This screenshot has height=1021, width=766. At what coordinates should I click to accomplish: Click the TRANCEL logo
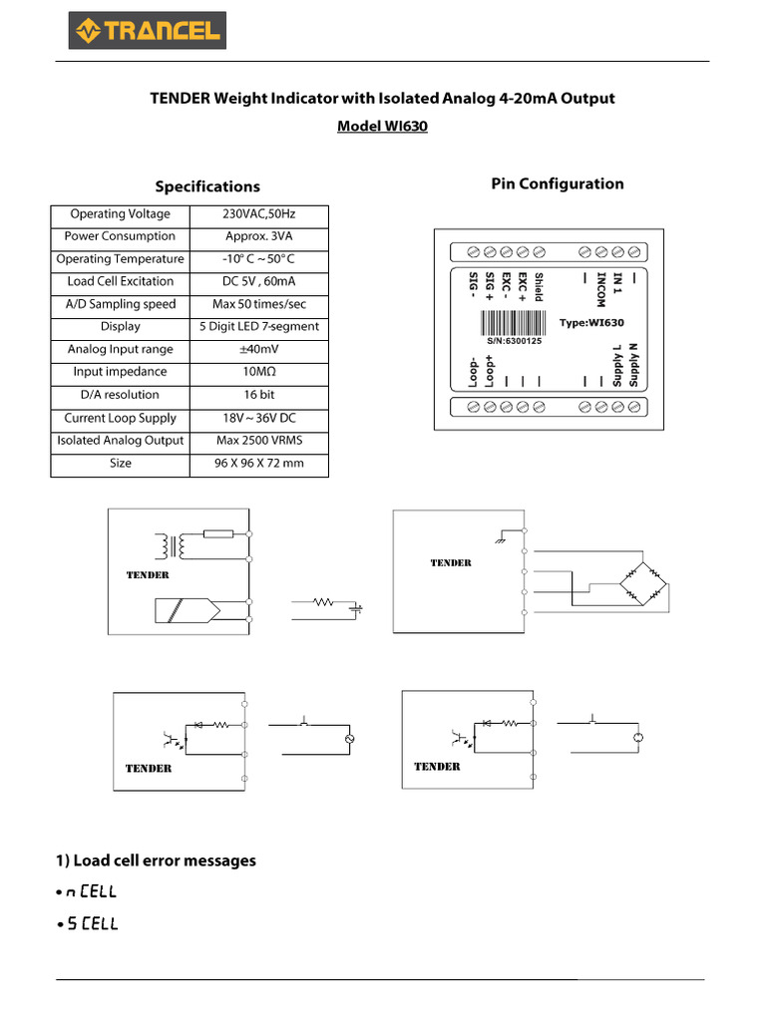(147, 31)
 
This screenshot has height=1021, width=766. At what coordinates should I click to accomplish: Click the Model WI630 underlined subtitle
(382, 127)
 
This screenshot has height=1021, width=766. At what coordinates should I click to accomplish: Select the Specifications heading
(207, 186)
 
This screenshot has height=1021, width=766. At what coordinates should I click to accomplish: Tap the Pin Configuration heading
(558, 183)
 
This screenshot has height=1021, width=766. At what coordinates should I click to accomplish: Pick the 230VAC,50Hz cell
(259, 214)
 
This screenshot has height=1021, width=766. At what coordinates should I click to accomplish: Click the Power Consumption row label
(120, 236)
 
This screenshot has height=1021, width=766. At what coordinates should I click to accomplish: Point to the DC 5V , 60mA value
(259, 281)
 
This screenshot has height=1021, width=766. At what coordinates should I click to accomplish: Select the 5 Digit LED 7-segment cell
(259, 327)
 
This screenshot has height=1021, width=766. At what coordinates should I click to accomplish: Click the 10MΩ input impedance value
(259, 372)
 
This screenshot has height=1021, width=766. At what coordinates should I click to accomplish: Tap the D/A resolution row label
(120, 395)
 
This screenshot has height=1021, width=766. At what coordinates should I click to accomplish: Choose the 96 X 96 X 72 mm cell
(259, 464)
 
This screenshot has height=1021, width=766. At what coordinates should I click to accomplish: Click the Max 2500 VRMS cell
(259, 441)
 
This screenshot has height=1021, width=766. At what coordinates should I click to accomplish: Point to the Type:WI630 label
(591, 323)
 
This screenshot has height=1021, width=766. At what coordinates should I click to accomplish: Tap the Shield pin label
(539, 287)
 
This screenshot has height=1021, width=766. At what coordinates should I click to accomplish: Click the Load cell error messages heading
(156, 860)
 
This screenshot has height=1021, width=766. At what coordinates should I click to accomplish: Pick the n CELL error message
(92, 891)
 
